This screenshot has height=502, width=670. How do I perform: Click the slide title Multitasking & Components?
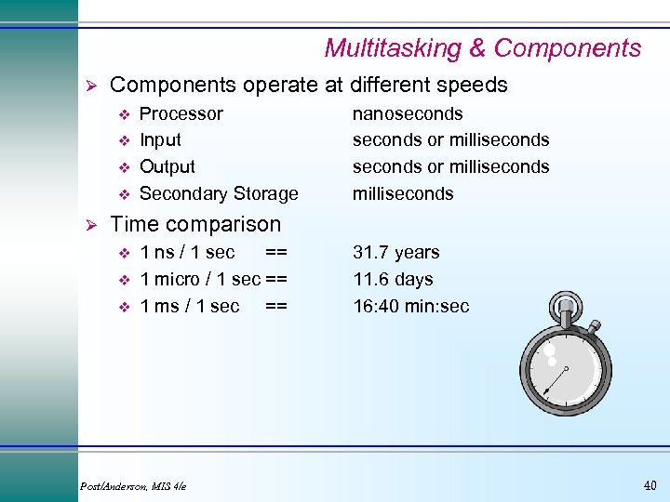click(482, 48)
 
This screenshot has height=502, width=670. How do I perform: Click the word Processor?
click(181, 113)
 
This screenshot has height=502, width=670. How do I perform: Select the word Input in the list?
click(160, 140)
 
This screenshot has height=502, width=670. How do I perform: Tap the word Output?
click(167, 167)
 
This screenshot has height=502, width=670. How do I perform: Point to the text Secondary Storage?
click(219, 193)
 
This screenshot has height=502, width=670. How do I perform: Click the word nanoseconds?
click(407, 113)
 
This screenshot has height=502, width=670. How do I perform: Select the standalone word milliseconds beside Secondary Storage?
click(402, 193)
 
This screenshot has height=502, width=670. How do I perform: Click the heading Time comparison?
click(194, 224)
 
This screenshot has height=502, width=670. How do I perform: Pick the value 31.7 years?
click(395, 252)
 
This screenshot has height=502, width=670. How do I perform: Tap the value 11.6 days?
click(393, 279)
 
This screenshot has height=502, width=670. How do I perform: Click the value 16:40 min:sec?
click(410, 306)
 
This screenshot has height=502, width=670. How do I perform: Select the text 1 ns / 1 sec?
click(187, 252)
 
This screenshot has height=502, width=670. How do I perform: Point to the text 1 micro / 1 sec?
click(199, 279)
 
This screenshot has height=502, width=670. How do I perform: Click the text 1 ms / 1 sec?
click(189, 306)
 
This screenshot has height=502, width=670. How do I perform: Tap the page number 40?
click(649, 484)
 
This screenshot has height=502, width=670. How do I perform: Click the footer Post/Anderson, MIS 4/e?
click(133, 485)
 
